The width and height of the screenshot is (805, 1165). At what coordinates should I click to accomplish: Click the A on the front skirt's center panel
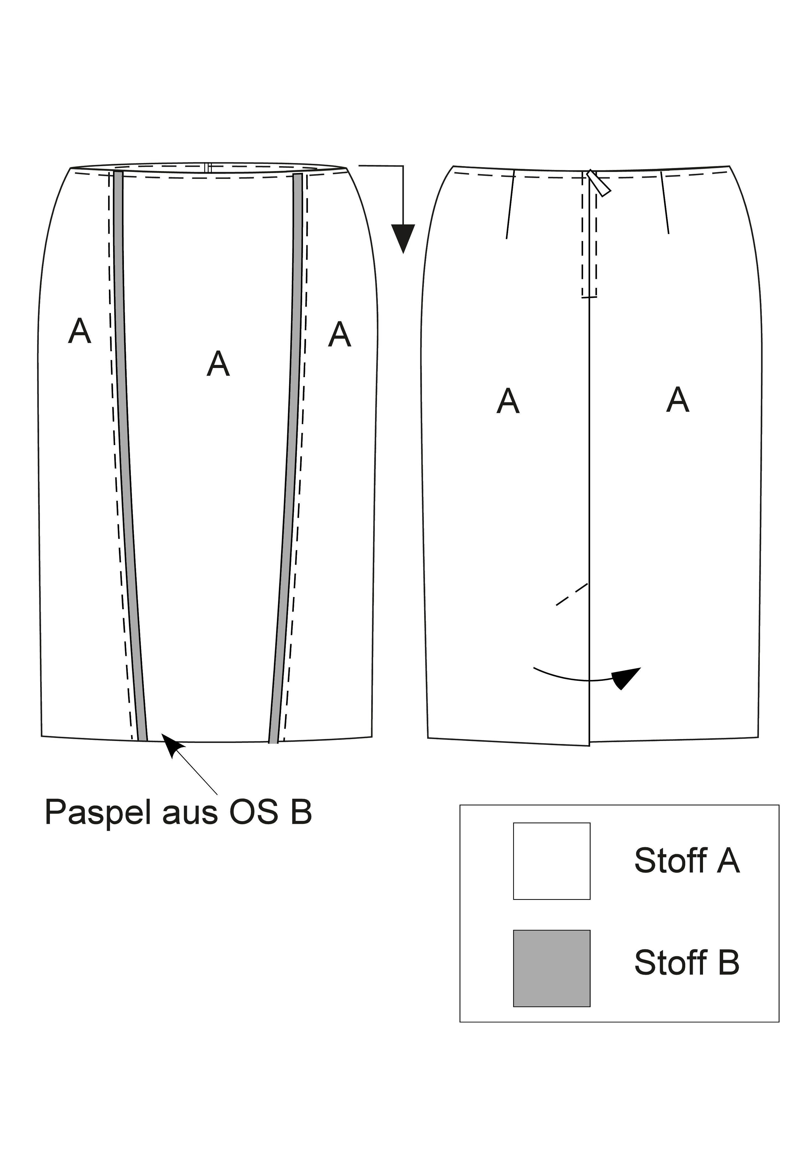pos(218,363)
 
